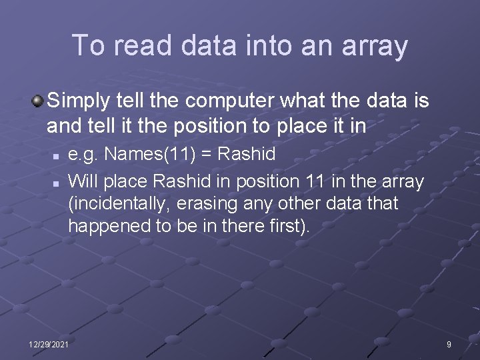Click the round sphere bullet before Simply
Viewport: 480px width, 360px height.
click(38, 101)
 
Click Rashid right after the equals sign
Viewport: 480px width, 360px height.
click(247, 155)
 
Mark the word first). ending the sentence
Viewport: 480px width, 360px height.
click(288, 226)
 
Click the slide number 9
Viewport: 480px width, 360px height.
click(449, 344)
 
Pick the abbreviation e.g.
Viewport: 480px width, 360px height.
click(84, 155)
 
